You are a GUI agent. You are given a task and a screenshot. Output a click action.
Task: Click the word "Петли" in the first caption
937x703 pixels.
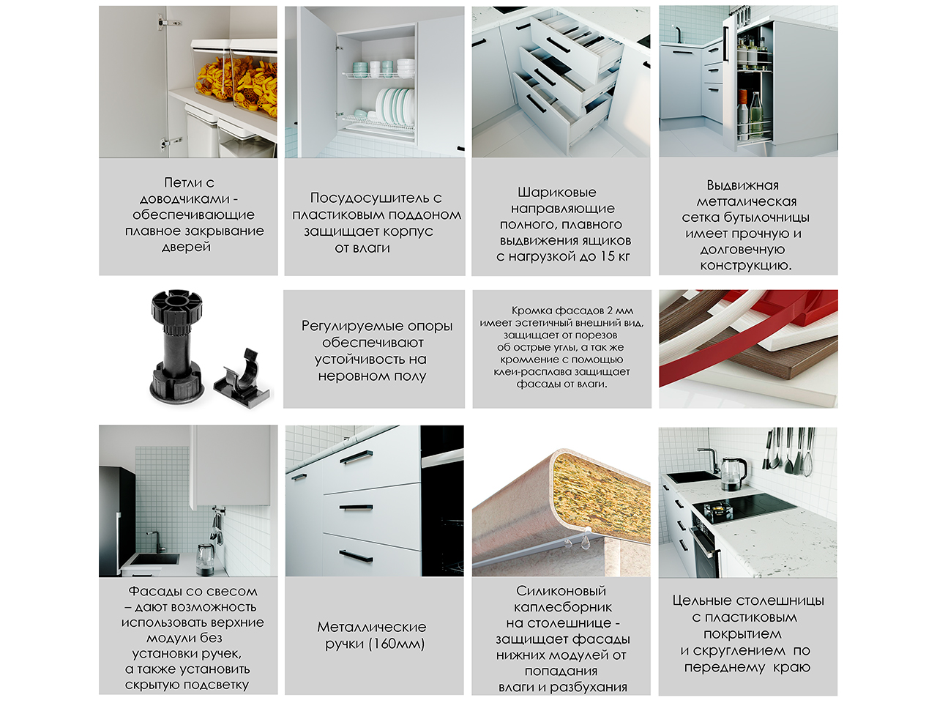coord(183,182)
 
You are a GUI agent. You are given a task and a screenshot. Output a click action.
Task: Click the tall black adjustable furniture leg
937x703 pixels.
coord(176,345)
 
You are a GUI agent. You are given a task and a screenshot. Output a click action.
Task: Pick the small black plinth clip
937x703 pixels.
coord(243,377)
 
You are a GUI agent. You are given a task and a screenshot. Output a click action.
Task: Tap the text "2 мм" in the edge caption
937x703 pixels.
coord(621,310)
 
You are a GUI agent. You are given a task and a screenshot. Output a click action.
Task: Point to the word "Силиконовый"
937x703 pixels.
coord(561,591)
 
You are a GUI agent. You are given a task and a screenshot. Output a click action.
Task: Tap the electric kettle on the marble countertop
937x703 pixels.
coord(733,472)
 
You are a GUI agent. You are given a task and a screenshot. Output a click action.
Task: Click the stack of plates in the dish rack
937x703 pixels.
coord(395,105)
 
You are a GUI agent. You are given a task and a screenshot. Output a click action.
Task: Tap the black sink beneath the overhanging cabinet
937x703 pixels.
coord(154,559)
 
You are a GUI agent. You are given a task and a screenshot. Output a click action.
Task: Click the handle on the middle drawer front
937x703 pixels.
coord(356,507)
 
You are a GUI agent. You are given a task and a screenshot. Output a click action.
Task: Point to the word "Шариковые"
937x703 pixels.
coord(556,193)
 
